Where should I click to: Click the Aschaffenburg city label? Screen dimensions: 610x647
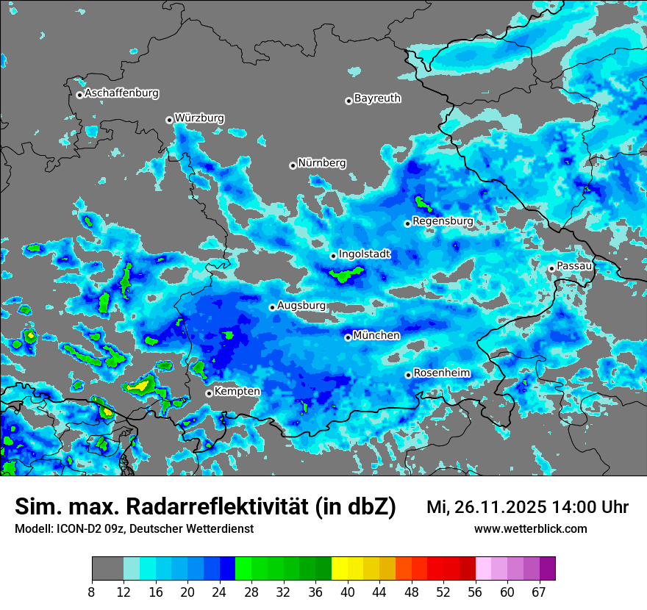coord(121,93)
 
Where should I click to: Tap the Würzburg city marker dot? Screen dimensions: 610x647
coord(169,120)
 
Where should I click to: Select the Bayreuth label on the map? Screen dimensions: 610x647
coord(377,98)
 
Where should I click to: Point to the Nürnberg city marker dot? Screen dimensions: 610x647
coord(293,165)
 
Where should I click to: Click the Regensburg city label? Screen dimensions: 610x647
coord(443,220)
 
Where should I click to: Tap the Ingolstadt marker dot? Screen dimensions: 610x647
coord(333,256)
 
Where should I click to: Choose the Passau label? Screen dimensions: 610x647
coord(574,265)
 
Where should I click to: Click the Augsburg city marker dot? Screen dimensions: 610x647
coord(272,307)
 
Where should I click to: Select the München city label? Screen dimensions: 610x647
coord(376,335)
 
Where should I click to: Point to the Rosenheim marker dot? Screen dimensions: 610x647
coord(408,376)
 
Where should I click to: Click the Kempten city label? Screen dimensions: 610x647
coord(237,391)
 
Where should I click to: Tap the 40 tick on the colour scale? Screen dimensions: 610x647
coord(347,592)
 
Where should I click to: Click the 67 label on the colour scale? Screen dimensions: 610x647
coord(539,592)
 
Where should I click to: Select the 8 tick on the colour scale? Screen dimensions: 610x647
coord(92,592)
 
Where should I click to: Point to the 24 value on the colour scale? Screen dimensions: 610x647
coord(219,592)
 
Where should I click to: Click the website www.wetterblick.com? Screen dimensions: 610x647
coord(530,528)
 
